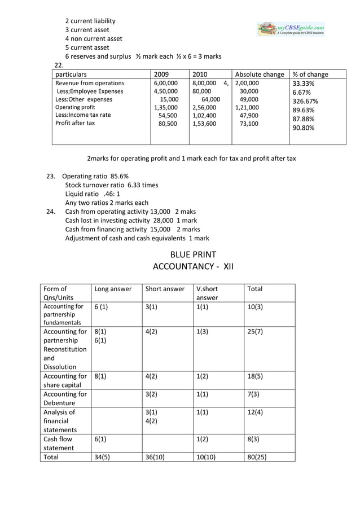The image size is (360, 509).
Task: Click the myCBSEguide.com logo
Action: click(x=291, y=29)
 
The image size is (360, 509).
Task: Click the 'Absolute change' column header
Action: click(x=259, y=74)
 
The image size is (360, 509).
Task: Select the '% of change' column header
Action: click(x=310, y=74)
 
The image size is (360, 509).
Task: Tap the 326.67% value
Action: click(x=305, y=102)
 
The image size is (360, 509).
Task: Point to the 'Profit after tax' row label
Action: click(x=75, y=123)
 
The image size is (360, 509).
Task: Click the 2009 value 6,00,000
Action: click(x=165, y=84)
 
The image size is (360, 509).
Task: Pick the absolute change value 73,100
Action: click(x=249, y=123)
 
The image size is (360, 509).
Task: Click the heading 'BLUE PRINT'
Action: click(x=193, y=254)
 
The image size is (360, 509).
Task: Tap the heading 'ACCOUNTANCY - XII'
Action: click(x=193, y=266)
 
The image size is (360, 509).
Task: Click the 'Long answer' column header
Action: click(x=113, y=289)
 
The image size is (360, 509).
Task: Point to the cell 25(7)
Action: click(x=255, y=332)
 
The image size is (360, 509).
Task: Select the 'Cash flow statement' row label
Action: click(x=59, y=442)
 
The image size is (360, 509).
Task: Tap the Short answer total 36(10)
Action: click(x=156, y=458)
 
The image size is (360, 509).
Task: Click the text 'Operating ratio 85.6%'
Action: click(x=95, y=176)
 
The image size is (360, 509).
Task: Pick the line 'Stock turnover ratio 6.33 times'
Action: click(x=112, y=185)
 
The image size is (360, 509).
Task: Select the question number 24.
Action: click(x=50, y=212)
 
